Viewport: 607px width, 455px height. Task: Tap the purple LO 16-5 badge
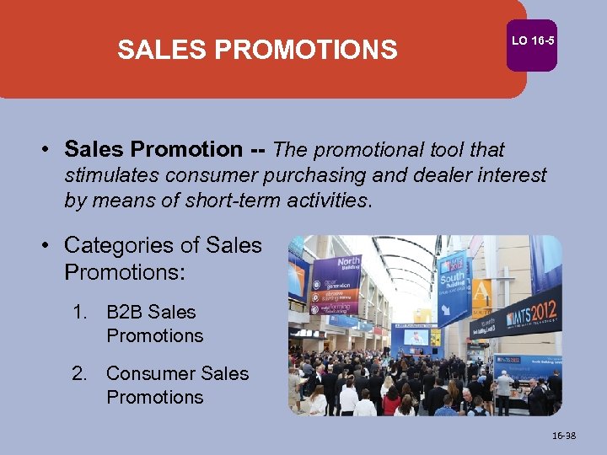[533, 42]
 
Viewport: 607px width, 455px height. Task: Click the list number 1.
[80, 312]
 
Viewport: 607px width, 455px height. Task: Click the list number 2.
[80, 373]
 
